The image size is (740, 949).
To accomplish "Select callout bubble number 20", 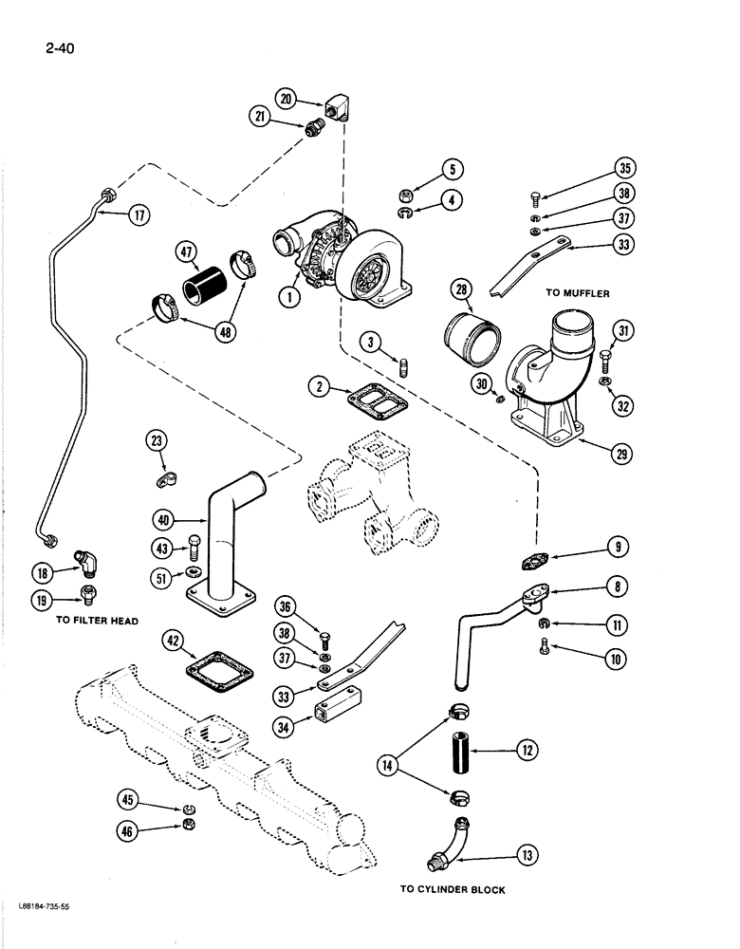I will click(286, 97).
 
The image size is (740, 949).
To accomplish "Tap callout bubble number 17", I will click(139, 215).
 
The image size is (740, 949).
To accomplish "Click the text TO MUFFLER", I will click(578, 293).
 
